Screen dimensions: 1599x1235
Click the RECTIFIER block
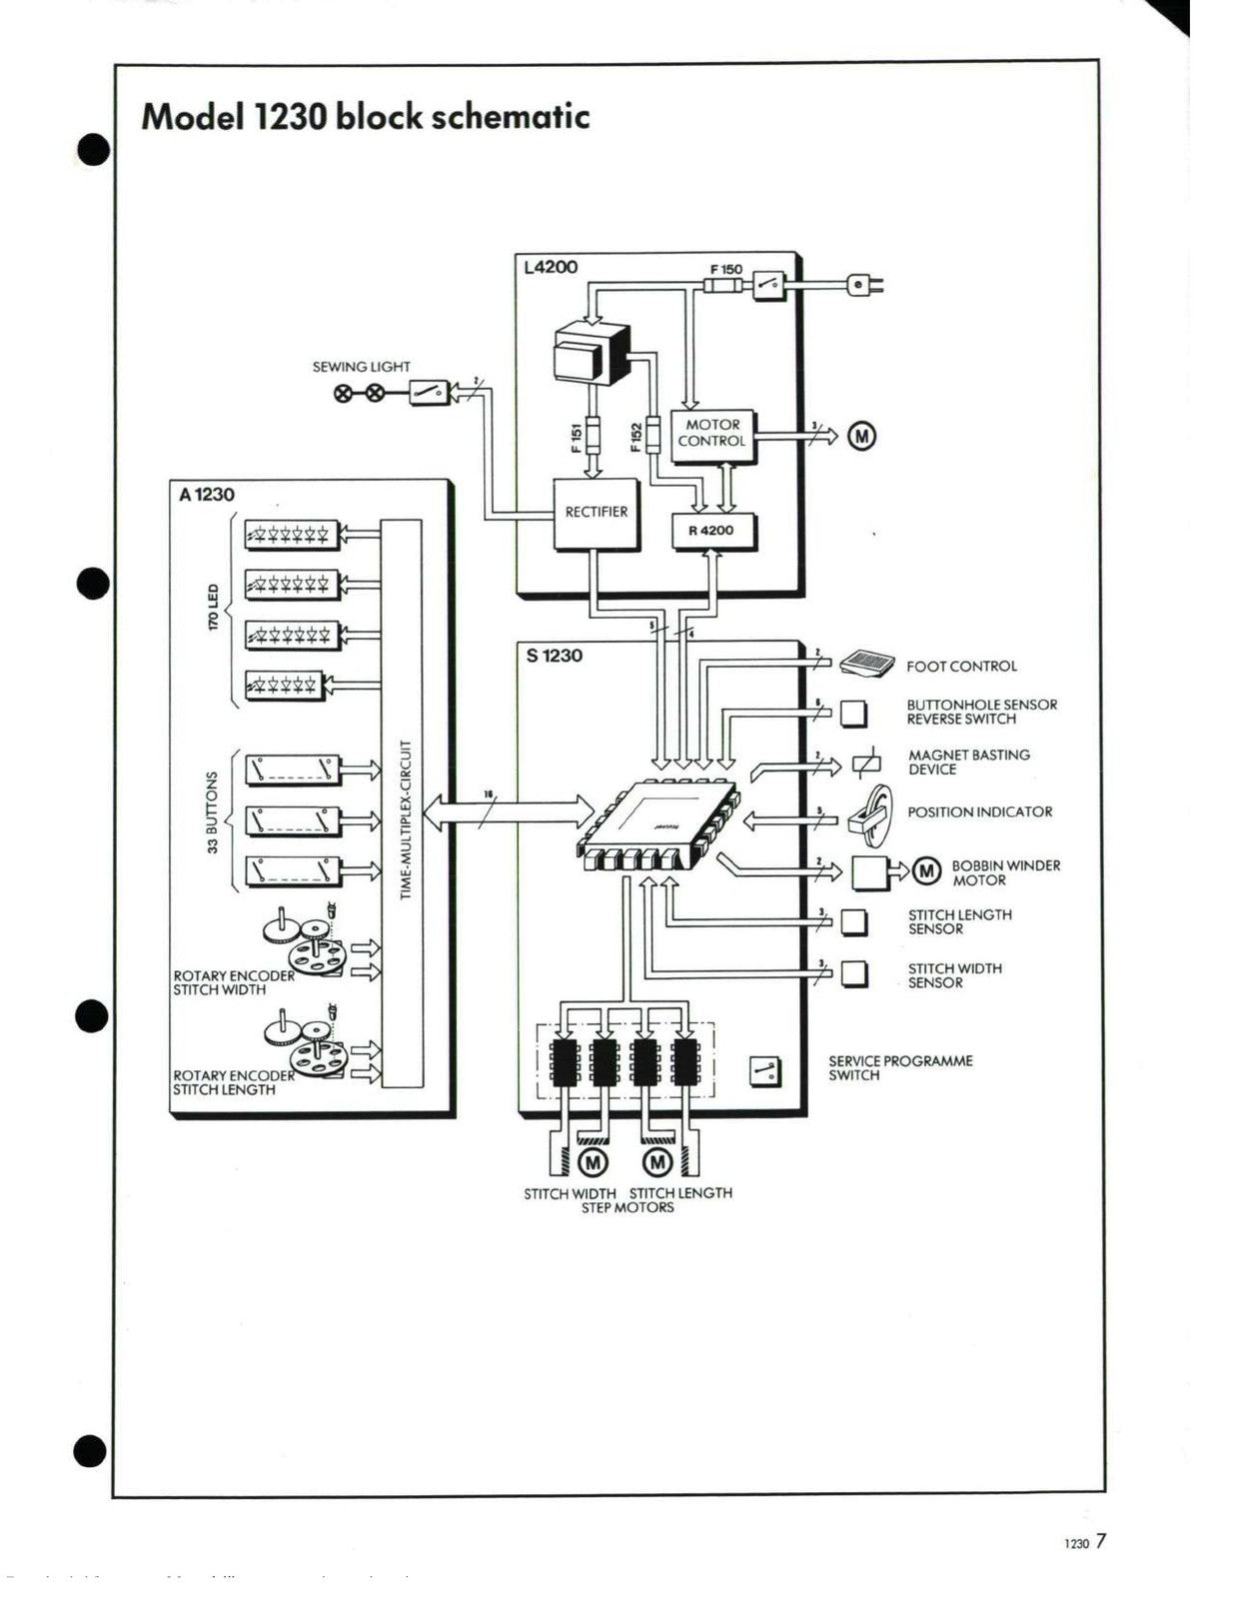[x=597, y=513]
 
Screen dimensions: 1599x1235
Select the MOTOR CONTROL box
[x=711, y=434]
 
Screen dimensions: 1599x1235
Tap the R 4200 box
[x=710, y=531]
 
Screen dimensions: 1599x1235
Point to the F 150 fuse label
[x=726, y=269]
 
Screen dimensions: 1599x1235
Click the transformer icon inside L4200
[x=590, y=351]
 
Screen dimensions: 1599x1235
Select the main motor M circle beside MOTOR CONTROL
[x=861, y=436]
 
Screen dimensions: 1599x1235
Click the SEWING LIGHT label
[x=361, y=367]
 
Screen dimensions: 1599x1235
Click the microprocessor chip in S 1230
[x=656, y=818]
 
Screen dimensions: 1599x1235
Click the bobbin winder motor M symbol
[x=927, y=870]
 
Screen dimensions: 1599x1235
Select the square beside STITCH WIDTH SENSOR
[x=853, y=973]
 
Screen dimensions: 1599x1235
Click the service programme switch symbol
[x=765, y=1072]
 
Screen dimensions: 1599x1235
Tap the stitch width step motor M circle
[x=593, y=1162]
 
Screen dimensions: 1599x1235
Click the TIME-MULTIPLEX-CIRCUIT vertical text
[x=405, y=818]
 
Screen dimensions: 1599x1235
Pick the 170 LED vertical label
[x=213, y=608]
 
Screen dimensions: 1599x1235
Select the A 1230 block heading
[x=207, y=495]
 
